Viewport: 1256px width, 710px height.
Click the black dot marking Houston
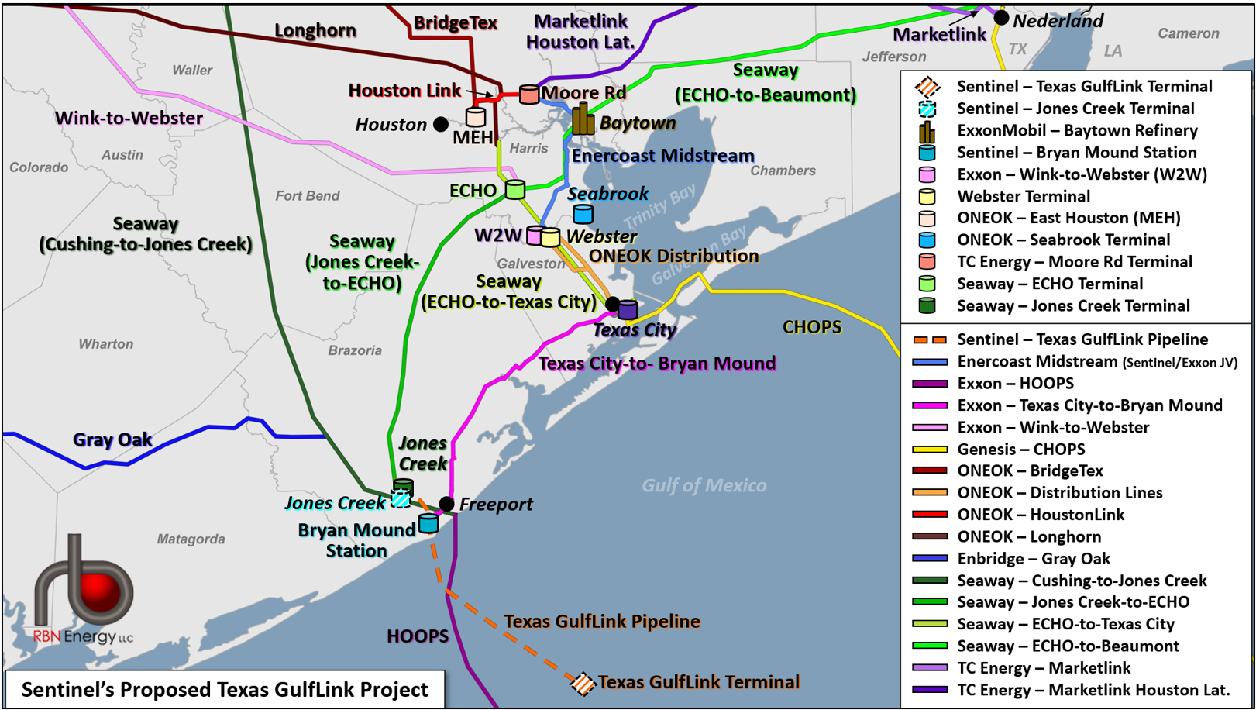(441, 124)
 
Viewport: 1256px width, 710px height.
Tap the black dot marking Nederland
(1001, 17)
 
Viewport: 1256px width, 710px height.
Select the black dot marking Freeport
(446, 504)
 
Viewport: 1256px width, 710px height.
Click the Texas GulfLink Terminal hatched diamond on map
(582, 683)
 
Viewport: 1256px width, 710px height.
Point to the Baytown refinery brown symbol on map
(583, 119)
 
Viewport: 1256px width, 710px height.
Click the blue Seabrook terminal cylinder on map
(583, 213)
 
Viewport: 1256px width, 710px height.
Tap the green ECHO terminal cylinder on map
(515, 188)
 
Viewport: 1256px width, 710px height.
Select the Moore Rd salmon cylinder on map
(529, 95)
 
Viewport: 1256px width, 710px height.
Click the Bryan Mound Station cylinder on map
(428, 523)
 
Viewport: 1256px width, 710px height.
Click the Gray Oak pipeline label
(112, 440)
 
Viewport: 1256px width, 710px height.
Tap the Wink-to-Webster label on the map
(129, 119)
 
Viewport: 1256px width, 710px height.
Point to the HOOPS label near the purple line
(418, 636)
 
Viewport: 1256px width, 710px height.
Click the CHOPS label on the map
(812, 327)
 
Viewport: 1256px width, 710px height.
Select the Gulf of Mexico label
(704, 486)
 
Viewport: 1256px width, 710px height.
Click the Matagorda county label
(191, 539)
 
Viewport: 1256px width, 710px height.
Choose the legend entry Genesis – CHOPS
(1020, 450)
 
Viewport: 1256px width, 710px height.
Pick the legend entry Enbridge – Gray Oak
(1033, 559)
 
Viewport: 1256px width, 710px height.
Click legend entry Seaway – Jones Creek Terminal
(1072, 306)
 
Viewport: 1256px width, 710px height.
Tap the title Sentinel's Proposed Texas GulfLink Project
(225, 690)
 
